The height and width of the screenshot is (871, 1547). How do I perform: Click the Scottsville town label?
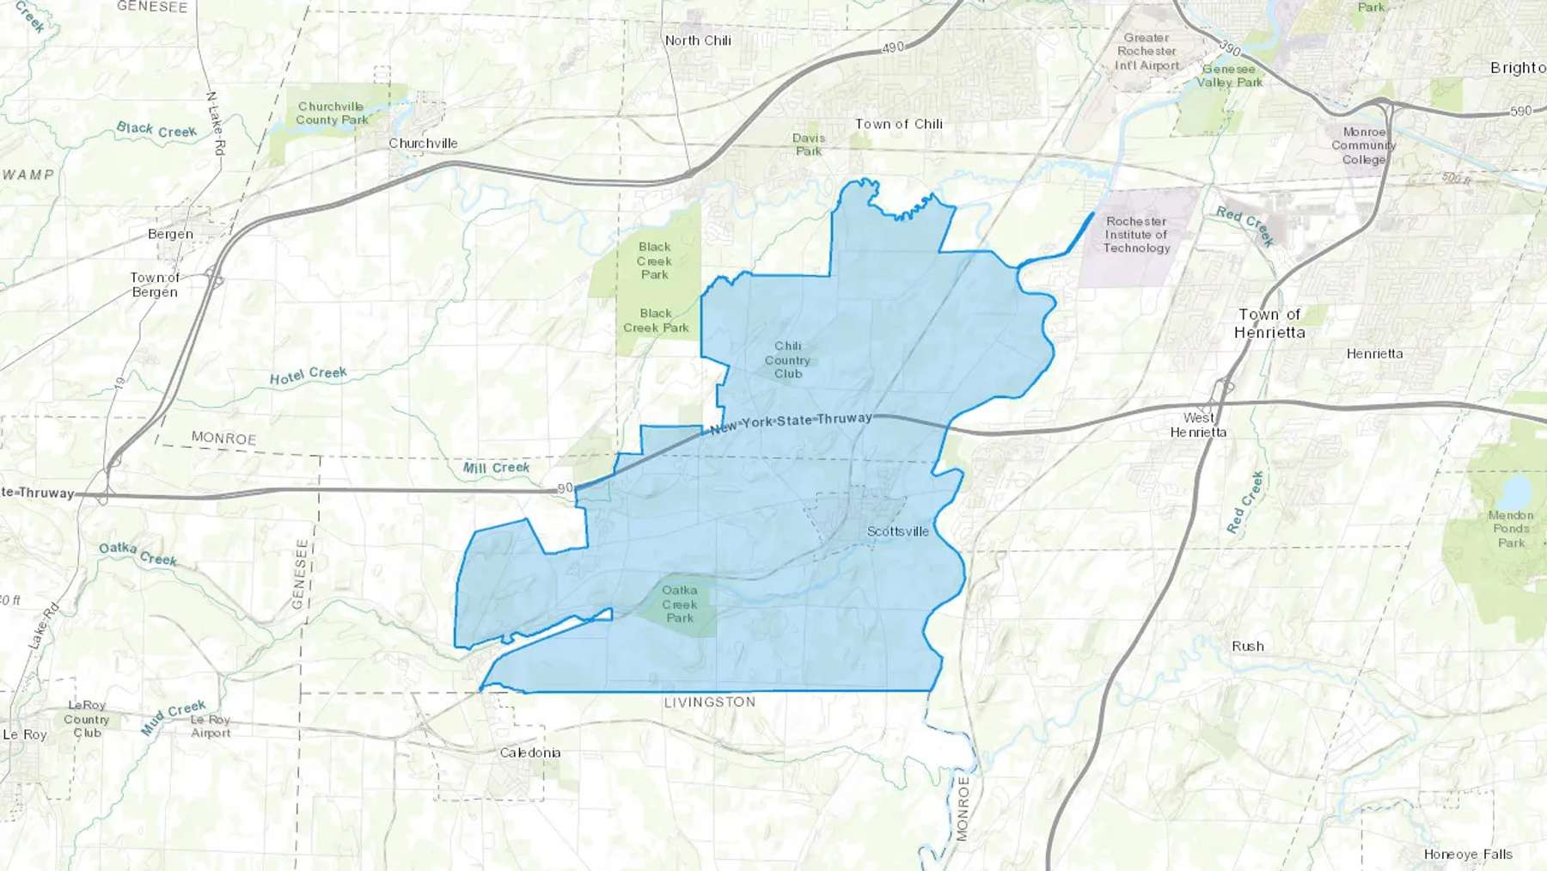897,531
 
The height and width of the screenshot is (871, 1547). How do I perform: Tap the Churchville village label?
423,144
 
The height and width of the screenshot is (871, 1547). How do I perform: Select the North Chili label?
698,40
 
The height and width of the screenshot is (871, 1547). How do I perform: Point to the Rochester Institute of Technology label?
1136,235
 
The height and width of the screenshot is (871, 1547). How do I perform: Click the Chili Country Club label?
787,360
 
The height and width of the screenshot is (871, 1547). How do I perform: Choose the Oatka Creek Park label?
680,604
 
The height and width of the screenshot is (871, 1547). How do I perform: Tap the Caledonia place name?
530,752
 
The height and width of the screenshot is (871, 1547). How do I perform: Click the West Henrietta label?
1198,425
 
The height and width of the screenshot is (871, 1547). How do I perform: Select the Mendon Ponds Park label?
1511,529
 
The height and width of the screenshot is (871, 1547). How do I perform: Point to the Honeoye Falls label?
1468,854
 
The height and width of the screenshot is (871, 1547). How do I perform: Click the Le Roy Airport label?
211,727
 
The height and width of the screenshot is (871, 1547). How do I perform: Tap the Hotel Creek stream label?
308,376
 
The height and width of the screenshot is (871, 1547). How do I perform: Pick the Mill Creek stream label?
496,468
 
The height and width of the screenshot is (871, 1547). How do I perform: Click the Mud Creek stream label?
173,717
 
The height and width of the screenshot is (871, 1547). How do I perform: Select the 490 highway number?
893,48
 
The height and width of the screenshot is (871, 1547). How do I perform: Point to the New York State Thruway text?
791,422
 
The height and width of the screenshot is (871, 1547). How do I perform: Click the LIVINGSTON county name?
710,702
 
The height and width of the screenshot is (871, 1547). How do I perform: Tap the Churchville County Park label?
332,113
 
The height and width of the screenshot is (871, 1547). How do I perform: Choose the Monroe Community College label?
1364,146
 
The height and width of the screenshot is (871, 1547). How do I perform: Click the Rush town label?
1247,647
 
